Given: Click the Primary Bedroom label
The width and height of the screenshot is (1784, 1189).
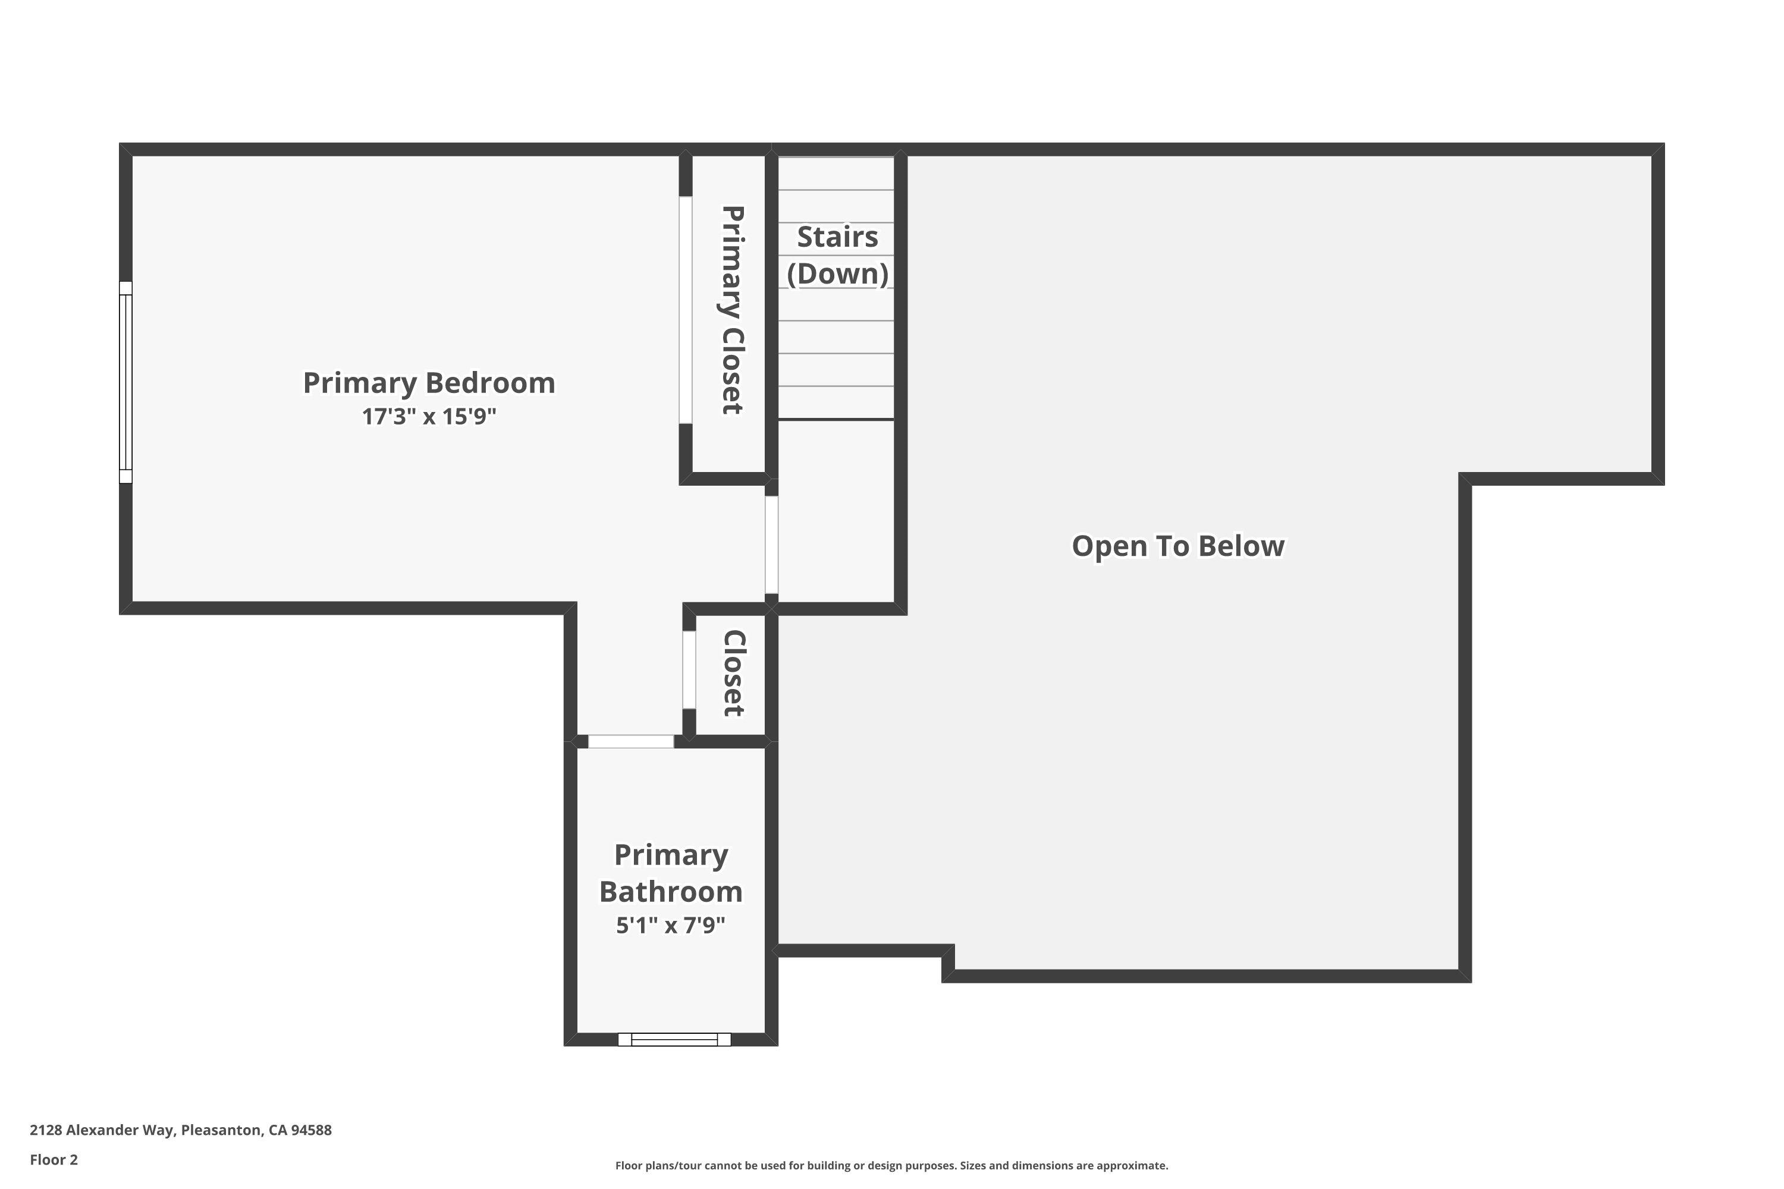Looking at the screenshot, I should pos(429,383).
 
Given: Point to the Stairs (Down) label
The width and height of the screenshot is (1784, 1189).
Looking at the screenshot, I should pos(837,255).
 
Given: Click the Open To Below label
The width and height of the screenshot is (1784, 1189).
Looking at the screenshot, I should pos(1177,546).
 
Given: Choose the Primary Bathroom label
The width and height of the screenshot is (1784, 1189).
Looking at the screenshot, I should pos(671,873).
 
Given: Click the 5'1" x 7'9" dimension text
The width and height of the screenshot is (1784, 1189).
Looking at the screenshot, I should pos(671,925).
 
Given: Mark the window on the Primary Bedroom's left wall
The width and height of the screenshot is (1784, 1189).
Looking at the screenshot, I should pos(126,382).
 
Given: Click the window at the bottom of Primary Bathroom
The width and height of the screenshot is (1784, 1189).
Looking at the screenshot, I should pos(674,1040).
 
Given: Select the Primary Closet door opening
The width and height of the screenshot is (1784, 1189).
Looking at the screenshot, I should pos(685,309).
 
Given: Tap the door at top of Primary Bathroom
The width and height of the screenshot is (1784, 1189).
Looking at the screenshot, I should pos(630,741).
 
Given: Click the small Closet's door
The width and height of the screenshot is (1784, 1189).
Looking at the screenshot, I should pos(689,669).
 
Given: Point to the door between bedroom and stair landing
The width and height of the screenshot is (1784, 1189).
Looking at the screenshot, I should pos(771,544).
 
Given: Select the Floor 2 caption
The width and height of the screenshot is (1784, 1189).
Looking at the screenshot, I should pos(54,1159).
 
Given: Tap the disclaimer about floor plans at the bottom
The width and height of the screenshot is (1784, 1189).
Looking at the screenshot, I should pos(891,1165).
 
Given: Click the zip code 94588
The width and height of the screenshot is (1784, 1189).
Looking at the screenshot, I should pos(311,1130).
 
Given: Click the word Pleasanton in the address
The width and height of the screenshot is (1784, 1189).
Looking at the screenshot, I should pos(221,1130).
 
